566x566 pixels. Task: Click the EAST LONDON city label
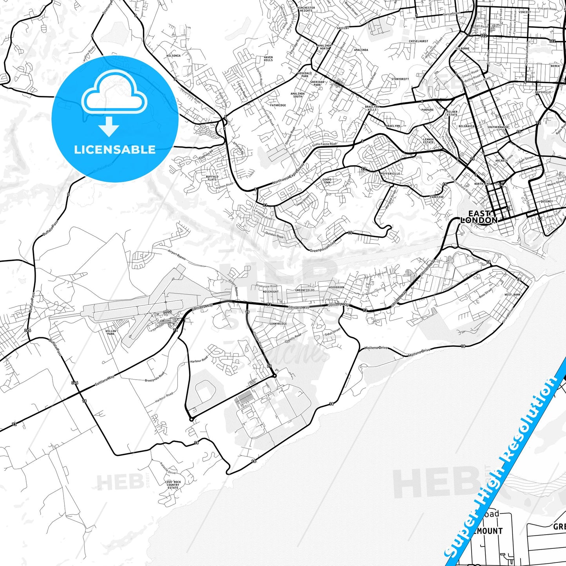click(x=479, y=217)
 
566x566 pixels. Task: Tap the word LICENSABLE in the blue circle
click(x=115, y=149)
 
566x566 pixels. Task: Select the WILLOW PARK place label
click(x=111, y=332)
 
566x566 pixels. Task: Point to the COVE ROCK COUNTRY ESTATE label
click(x=173, y=485)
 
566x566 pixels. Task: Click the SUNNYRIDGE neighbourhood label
click(x=278, y=324)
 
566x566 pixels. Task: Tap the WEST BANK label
click(x=512, y=295)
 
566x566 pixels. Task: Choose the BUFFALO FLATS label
click(x=212, y=178)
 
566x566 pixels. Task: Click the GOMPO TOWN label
click(x=327, y=181)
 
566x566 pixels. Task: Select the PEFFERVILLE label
click(x=390, y=174)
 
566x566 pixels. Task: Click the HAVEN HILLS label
click(x=268, y=59)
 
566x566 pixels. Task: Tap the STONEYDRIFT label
click(x=400, y=79)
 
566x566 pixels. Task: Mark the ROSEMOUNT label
click(x=271, y=291)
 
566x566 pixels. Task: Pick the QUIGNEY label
click(x=546, y=201)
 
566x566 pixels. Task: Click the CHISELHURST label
click(x=418, y=41)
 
